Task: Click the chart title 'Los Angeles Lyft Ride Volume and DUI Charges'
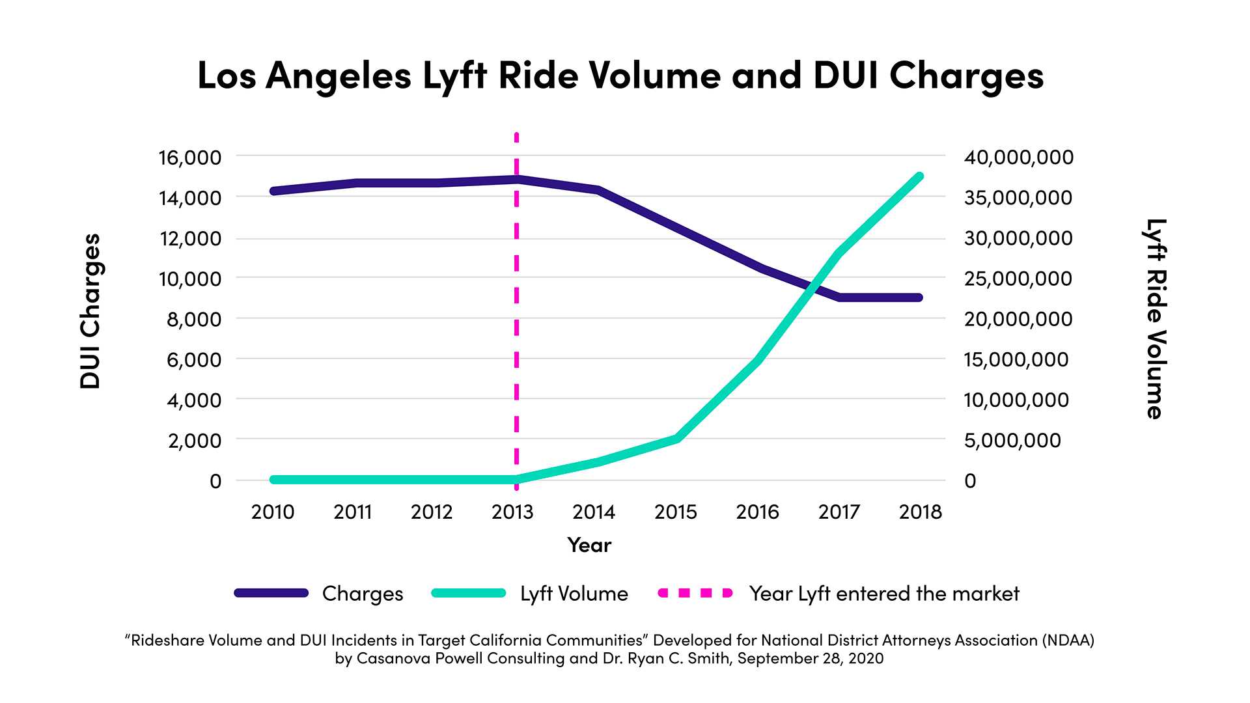tap(620, 76)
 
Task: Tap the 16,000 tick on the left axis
tap(189, 158)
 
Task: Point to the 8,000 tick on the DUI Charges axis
tap(194, 319)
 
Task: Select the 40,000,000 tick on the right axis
tap(1019, 158)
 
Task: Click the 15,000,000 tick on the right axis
tap(1016, 359)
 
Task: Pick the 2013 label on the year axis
tap(512, 512)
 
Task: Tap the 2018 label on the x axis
tap(920, 512)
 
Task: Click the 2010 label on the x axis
tap(273, 512)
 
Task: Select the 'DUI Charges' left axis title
tap(90, 311)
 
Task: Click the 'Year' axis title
tap(589, 545)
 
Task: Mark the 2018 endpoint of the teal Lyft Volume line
tap(920, 176)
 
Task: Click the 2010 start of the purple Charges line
tap(274, 191)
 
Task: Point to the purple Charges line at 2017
tap(840, 297)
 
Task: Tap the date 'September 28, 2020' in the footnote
tap(811, 658)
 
